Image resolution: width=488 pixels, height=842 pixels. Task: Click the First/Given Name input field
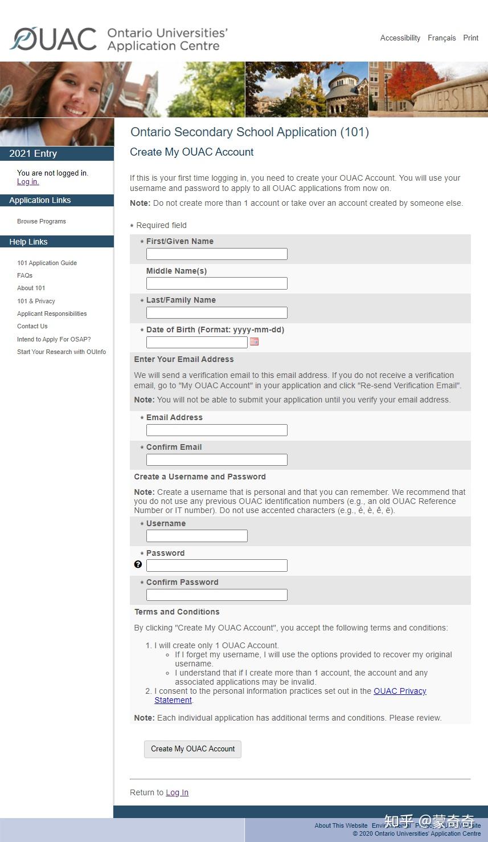[x=216, y=254]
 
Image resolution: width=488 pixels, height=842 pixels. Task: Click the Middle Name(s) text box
[x=216, y=283]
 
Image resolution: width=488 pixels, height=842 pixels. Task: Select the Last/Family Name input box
[x=216, y=312]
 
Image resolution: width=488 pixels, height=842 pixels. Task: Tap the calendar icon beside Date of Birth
[x=255, y=341]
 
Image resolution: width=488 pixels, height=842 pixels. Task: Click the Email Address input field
[x=216, y=430]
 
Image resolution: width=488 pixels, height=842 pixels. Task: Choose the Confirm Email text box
[x=216, y=460]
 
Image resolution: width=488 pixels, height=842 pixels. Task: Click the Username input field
[x=196, y=536]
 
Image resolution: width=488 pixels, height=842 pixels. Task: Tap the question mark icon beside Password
[x=138, y=564]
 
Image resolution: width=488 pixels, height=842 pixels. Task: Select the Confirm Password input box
[x=216, y=595]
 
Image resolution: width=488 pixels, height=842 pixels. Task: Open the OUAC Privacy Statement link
[x=400, y=691]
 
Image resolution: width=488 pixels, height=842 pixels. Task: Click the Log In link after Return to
[x=177, y=792]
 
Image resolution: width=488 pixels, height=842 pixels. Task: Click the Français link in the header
[x=441, y=38]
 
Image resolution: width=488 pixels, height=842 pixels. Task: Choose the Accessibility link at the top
[x=400, y=38]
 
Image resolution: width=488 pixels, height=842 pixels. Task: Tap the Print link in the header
[x=470, y=38]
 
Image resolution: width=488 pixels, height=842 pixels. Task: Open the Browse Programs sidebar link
[x=42, y=221]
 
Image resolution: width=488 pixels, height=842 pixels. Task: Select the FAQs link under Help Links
[x=24, y=275]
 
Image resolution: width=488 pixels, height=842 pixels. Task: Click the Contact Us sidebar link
[x=32, y=326]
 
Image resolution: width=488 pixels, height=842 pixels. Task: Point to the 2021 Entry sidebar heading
[x=33, y=153]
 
